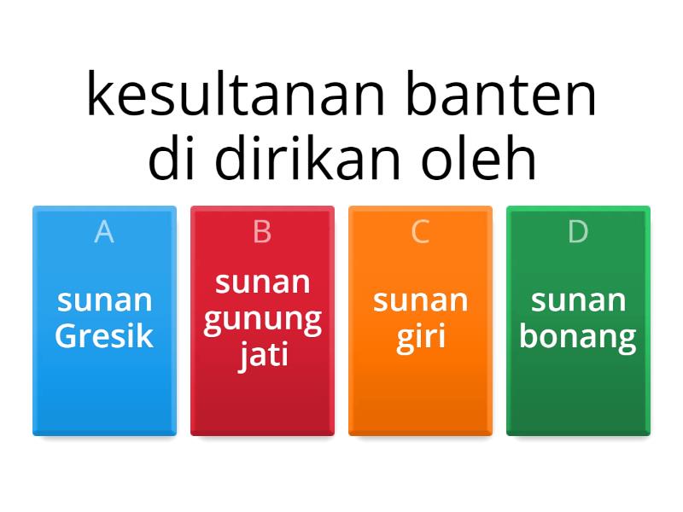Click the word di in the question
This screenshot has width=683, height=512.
tap(175, 160)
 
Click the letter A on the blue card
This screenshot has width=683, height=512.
tap(104, 232)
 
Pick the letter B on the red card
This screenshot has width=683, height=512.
tap(262, 232)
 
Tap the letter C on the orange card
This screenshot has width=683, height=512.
tap(420, 232)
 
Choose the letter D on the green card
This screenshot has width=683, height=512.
tap(578, 232)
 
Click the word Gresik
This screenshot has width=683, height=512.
tap(104, 336)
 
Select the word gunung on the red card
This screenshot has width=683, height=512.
tap(262, 319)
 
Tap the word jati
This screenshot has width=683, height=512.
tap(262, 354)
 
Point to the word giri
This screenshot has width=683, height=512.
tap(420, 336)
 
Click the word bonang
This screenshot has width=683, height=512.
tap(578, 336)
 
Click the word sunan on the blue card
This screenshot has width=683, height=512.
tap(104, 300)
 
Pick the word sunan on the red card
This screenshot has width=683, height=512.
tap(262, 282)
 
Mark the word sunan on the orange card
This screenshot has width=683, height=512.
tap(420, 300)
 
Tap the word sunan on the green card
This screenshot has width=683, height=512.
tap(578, 300)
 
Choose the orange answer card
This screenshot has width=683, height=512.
tap(420, 393)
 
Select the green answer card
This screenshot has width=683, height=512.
tap(578, 393)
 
